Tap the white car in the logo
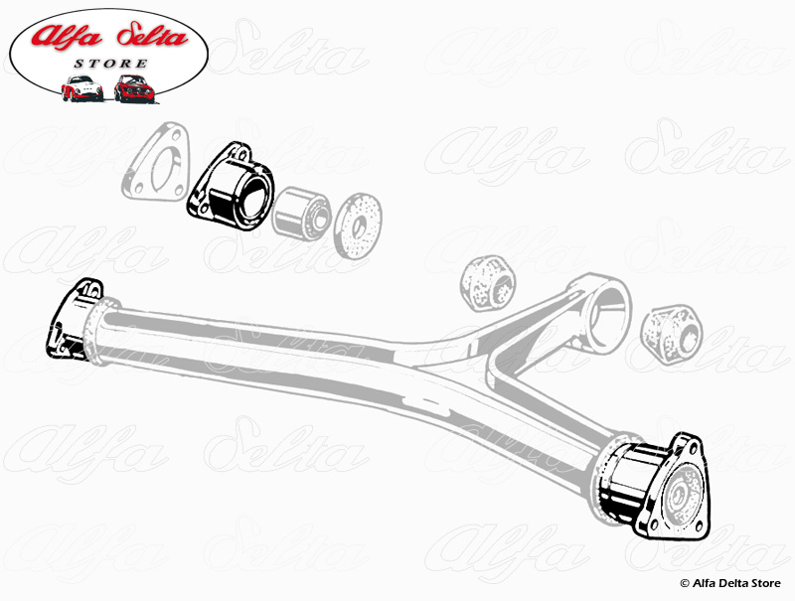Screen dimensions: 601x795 [82, 88]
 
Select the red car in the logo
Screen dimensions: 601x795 [134, 88]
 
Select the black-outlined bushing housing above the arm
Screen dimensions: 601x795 [230, 185]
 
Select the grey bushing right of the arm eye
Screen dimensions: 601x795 [672, 332]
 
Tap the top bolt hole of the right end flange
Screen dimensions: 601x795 [685, 444]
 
